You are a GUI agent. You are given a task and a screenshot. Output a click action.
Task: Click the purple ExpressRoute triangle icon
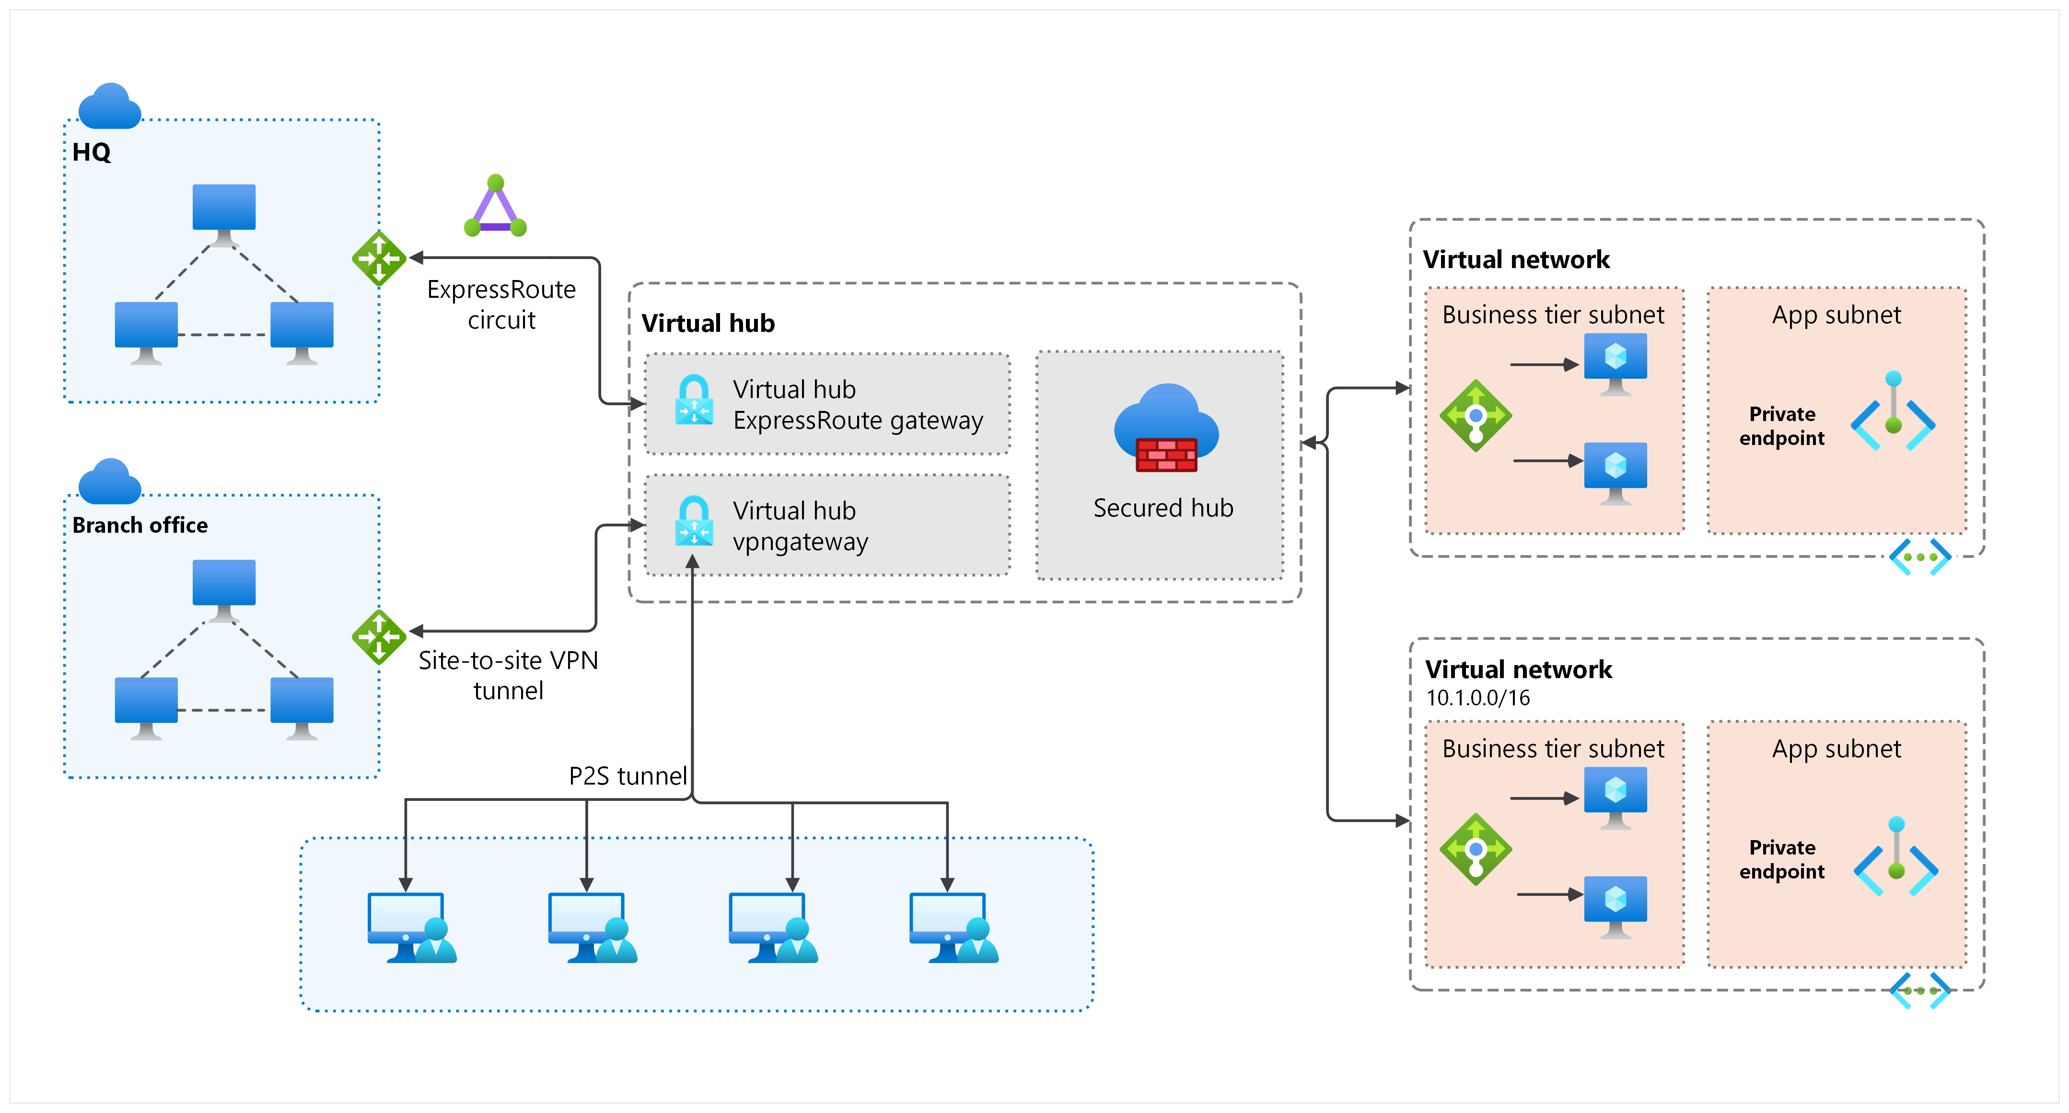click(x=496, y=207)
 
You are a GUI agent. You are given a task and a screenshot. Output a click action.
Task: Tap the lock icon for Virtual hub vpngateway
click(x=694, y=522)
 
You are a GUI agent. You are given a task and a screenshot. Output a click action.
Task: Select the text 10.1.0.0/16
click(x=1478, y=698)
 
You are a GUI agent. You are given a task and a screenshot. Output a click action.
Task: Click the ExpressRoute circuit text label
click(x=501, y=305)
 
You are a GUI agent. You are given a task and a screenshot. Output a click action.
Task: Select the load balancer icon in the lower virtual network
click(x=1476, y=849)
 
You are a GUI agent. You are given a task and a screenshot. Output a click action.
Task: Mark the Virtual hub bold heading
click(x=708, y=323)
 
